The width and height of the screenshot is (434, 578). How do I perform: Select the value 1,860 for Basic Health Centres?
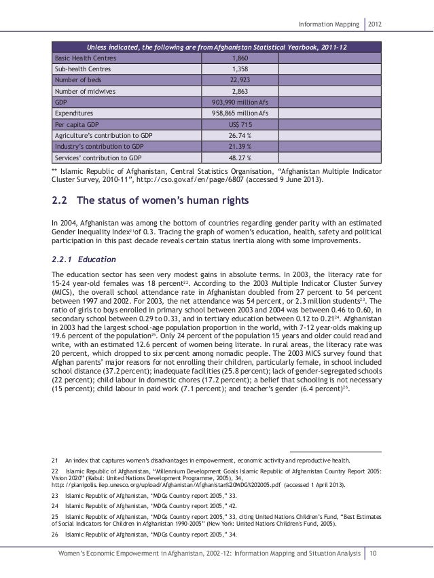coord(240,58)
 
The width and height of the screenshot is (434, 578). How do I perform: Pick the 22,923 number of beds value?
coord(240,80)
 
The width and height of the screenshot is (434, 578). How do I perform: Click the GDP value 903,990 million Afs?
coord(240,102)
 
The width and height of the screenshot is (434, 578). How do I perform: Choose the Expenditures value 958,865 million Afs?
coord(240,113)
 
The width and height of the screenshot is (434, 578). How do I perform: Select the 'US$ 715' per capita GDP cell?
coord(240,124)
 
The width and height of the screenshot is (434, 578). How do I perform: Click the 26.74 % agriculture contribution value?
coord(240,135)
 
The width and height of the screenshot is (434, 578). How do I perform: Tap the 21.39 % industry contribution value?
coord(240,146)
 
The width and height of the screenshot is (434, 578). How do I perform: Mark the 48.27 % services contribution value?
coord(240,157)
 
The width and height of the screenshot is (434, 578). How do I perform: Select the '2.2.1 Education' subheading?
coord(80,259)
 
